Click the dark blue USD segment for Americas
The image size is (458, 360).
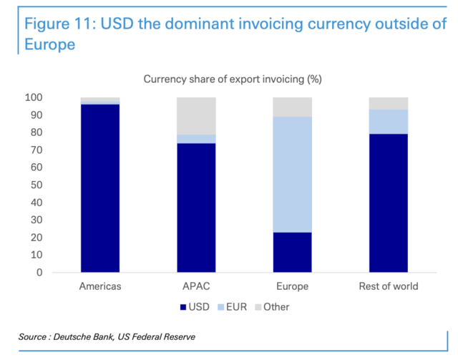click(x=99, y=188)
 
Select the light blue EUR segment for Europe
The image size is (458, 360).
click(x=292, y=174)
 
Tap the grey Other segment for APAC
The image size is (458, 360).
click(x=196, y=115)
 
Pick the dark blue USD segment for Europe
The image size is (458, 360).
click(x=292, y=252)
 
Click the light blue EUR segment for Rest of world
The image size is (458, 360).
click(x=389, y=122)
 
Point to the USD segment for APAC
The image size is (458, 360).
click(x=196, y=208)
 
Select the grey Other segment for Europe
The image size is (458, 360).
click(x=292, y=107)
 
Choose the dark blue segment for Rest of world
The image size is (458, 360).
click(x=389, y=203)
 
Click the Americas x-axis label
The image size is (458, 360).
click(x=99, y=286)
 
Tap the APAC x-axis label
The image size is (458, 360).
click(x=196, y=286)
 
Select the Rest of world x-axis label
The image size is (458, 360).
click(x=389, y=286)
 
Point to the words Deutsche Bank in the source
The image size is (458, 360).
click(x=92, y=336)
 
